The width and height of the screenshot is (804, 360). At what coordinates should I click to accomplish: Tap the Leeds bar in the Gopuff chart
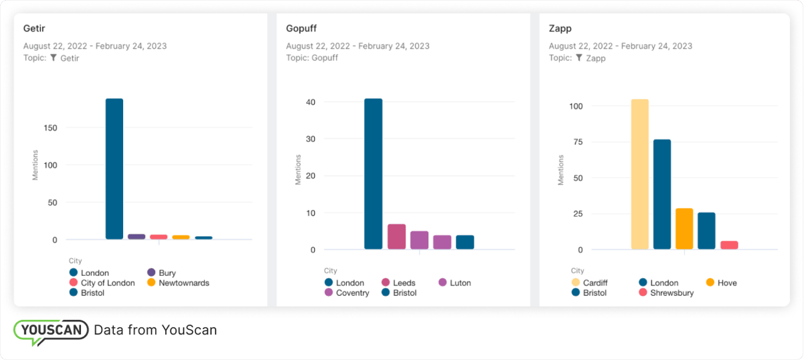(396, 237)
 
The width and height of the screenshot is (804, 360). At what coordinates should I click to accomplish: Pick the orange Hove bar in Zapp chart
(684, 229)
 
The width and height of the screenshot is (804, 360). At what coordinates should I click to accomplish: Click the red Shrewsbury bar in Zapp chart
(729, 245)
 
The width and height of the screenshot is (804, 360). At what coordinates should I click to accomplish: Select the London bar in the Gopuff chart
(373, 174)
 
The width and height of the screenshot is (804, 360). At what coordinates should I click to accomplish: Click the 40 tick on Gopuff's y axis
(310, 102)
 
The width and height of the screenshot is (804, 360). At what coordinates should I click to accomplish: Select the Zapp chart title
(560, 29)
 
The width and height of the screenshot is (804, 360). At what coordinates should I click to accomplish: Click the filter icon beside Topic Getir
(53, 58)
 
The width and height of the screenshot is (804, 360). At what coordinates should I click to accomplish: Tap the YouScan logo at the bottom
(51, 330)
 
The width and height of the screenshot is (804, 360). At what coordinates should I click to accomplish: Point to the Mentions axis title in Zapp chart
(561, 170)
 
